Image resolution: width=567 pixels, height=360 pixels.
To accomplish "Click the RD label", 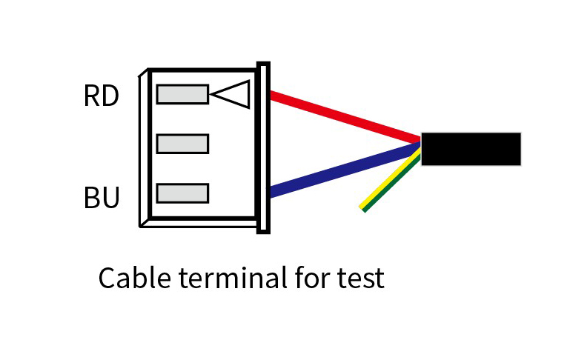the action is click(102, 96).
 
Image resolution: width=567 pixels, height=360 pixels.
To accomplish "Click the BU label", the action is click(102, 198).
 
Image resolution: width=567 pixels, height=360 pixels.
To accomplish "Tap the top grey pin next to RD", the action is click(182, 94).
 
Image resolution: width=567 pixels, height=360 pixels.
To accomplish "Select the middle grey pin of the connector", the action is click(182, 144).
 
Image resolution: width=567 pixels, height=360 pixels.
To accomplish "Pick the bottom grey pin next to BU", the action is click(182, 193).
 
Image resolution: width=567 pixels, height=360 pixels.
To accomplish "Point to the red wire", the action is click(345, 117).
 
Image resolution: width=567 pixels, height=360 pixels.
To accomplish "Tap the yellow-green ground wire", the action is click(391, 180).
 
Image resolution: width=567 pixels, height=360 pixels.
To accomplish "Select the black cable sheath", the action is click(471, 149).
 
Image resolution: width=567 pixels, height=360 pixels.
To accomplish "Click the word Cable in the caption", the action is click(134, 278).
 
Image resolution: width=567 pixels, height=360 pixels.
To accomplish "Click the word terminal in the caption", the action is click(233, 278).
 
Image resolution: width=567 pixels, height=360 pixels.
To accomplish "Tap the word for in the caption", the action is click(313, 278).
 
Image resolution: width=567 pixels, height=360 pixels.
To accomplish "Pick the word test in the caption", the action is click(360, 279).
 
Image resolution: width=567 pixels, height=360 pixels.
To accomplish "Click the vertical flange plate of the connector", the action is click(263, 147).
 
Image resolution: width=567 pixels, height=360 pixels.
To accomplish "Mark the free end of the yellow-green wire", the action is click(362, 209).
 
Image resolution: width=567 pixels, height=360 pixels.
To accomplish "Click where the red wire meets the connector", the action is click(271, 96).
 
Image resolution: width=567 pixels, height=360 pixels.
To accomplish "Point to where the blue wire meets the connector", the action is click(271, 193).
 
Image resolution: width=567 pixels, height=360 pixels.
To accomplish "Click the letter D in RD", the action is click(109, 96).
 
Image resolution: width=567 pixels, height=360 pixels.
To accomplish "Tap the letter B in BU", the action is click(91, 198).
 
